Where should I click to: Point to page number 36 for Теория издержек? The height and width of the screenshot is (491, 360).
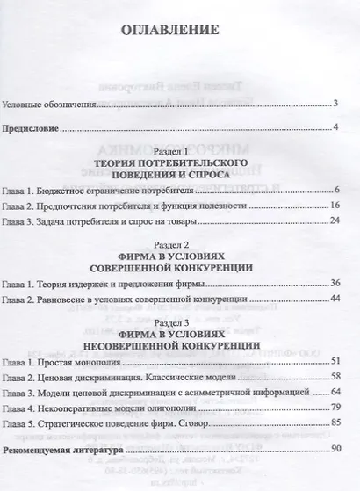tap(335, 283)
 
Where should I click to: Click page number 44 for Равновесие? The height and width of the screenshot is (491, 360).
tap(335, 300)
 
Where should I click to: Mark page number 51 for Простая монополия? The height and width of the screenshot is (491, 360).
tap(335, 361)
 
